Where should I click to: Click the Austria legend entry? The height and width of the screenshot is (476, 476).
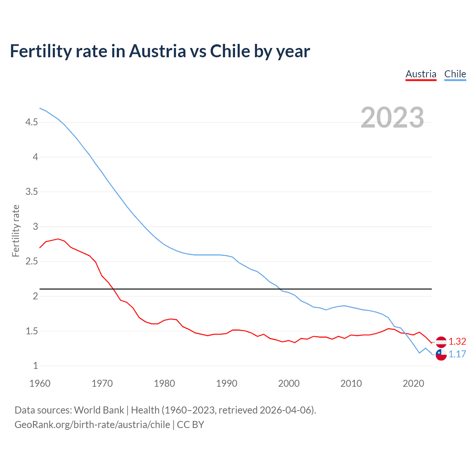tap(421, 74)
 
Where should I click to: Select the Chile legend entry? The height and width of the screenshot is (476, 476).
tap(455, 74)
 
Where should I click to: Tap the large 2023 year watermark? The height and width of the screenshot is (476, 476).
tap(392, 118)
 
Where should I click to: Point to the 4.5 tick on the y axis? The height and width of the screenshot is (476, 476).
tap(32, 122)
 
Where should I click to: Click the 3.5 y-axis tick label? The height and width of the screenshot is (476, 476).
tap(32, 192)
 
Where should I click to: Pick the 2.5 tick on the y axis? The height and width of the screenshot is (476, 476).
tap(32, 261)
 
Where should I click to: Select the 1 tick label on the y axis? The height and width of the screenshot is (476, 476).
tap(35, 366)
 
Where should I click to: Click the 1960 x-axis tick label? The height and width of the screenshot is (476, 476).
tap(40, 383)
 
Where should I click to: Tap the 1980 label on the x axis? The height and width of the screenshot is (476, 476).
tap(164, 383)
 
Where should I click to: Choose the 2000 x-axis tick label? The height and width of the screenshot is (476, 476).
tap(289, 383)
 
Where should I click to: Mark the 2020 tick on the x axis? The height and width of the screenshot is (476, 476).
tap(413, 383)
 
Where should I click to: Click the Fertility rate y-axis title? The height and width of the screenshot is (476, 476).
tap(16, 231)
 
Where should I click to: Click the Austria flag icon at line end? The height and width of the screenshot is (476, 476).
tap(441, 342)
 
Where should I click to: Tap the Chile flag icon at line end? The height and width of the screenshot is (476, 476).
tap(441, 354)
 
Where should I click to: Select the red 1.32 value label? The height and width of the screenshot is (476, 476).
tap(457, 342)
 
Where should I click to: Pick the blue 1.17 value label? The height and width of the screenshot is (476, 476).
tap(457, 354)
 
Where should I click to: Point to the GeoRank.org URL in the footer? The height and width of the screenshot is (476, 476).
tap(92, 425)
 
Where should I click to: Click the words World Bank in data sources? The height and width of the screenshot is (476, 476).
tap(99, 410)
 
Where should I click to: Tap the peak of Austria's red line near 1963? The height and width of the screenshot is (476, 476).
tap(58, 239)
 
